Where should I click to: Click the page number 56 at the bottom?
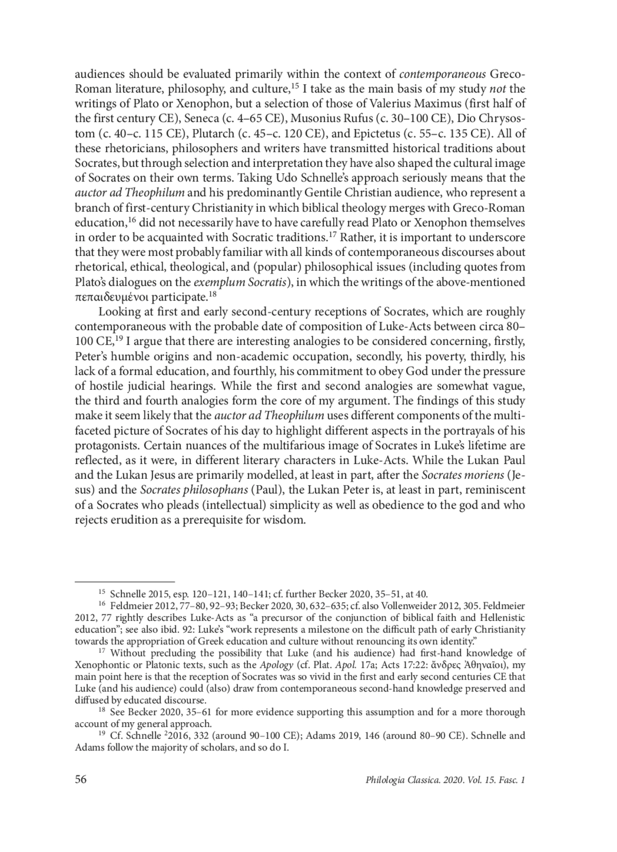pos(81,779)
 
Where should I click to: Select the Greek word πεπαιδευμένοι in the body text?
pos(106,297)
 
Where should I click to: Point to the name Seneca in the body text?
pos(190,118)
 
